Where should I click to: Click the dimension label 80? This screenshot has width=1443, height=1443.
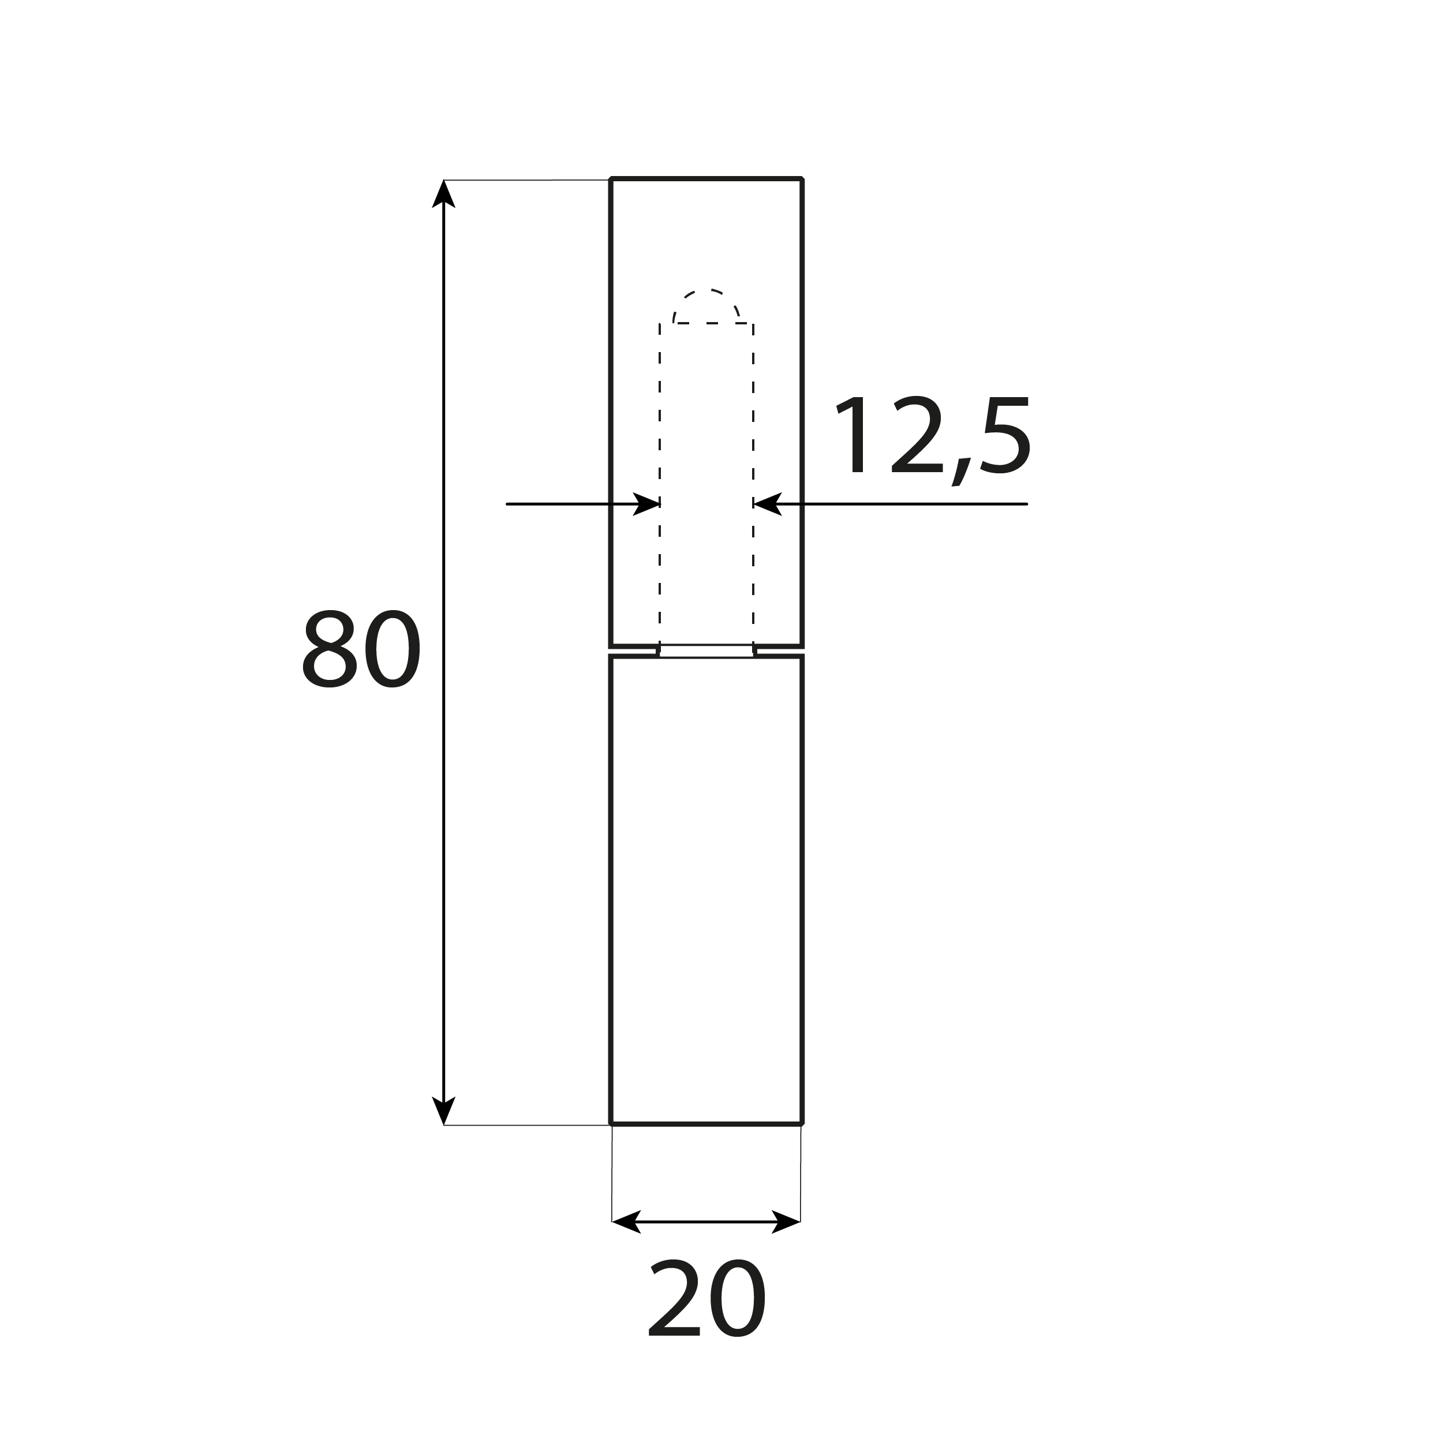click(361, 649)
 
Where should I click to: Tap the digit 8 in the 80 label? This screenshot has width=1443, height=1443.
click(330, 649)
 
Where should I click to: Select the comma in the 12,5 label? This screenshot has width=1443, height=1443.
click(960, 472)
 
